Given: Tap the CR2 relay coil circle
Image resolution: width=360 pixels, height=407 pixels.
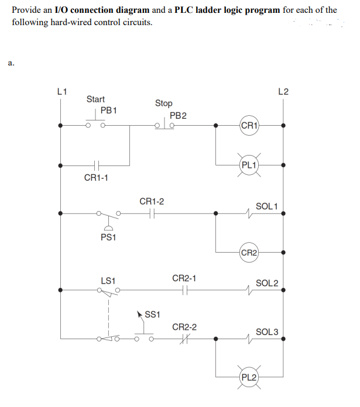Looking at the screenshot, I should coord(249,253).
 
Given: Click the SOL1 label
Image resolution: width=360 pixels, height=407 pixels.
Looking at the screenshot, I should coord(267,206).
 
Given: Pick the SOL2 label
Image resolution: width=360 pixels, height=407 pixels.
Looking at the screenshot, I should coord(267,283).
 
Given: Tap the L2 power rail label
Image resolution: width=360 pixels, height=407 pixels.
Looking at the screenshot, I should coord(283,91).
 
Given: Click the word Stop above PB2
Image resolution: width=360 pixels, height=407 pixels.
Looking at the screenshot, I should coord(164,103).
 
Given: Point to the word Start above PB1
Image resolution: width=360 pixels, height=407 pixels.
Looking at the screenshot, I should coord(95,99).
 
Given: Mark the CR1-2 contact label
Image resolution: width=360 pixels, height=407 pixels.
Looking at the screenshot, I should coord(152,201).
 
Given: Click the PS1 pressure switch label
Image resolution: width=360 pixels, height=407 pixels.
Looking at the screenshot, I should coord(108,238).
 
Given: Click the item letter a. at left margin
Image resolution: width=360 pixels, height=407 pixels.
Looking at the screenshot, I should coord(11,61).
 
